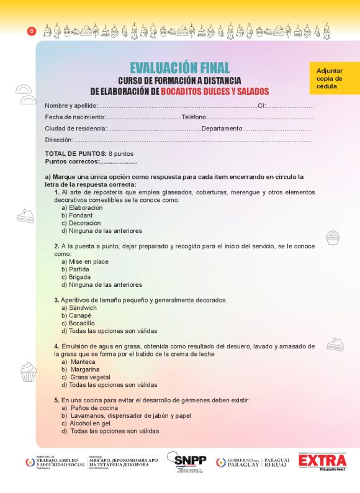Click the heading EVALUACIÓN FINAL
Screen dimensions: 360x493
[x=179, y=68]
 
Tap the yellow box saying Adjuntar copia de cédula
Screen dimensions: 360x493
[x=334, y=79]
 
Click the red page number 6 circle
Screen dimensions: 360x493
[x=32, y=31]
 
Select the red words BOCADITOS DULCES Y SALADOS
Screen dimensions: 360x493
[x=214, y=91]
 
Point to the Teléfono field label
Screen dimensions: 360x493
[x=194, y=117]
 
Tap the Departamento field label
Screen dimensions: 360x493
[x=222, y=129]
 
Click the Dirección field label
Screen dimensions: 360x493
[x=58, y=140]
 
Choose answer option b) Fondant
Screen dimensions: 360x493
[x=77, y=215]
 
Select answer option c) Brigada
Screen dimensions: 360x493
[x=76, y=278]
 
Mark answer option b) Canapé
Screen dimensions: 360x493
[x=76, y=315]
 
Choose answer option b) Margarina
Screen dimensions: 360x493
[x=80, y=369]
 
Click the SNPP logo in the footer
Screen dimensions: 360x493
[x=190, y=462]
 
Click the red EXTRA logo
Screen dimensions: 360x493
[x=322, y=462]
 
